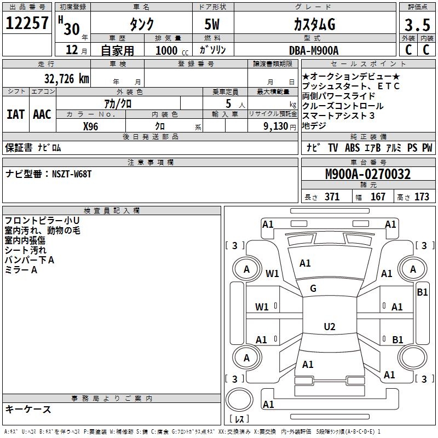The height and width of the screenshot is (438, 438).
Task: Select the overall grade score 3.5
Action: coord(417,25)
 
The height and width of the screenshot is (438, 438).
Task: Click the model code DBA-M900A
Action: coord(314,50)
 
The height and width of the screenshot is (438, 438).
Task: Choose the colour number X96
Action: coord(90,126)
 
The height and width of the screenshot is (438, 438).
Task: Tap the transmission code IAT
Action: coord(16,114)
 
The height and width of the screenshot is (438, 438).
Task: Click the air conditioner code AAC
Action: coord(42,114)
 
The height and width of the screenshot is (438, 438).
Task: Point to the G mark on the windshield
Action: coord(313,289)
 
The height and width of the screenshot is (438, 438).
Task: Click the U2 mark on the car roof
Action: coord(329,327)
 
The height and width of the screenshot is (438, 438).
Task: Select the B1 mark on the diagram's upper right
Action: coord(422,292)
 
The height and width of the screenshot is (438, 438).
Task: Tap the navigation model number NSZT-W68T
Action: coord(72,174)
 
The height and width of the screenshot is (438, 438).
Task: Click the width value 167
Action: coord(378,197)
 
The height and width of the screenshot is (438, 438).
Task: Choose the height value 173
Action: coord(422,197)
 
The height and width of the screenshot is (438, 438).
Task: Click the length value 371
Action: coord(332,197)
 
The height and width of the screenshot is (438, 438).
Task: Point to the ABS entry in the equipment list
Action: coord(353,148)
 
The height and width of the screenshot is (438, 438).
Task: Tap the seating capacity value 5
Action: coord(227,103)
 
